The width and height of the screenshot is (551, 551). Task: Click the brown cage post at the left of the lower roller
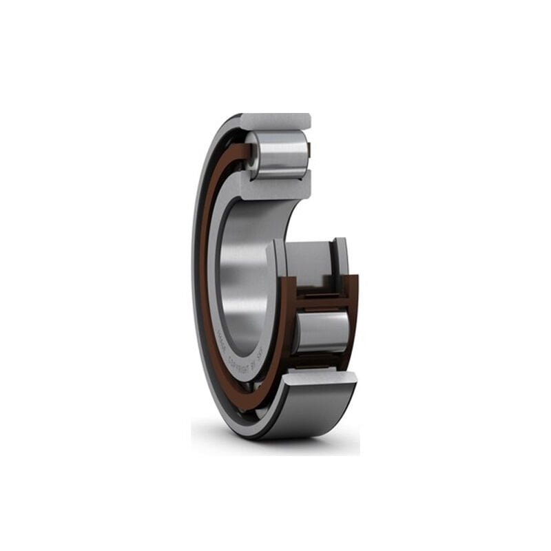[x=289, y=324]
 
